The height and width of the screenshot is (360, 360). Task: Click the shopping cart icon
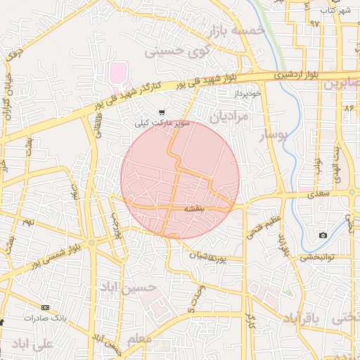[x=162, y=112]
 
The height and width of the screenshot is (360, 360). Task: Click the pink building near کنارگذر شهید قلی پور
[x=117, y=72]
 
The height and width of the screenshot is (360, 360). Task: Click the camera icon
[x=323, y=235]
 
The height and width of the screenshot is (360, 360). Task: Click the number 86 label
[x=349, y=108]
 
